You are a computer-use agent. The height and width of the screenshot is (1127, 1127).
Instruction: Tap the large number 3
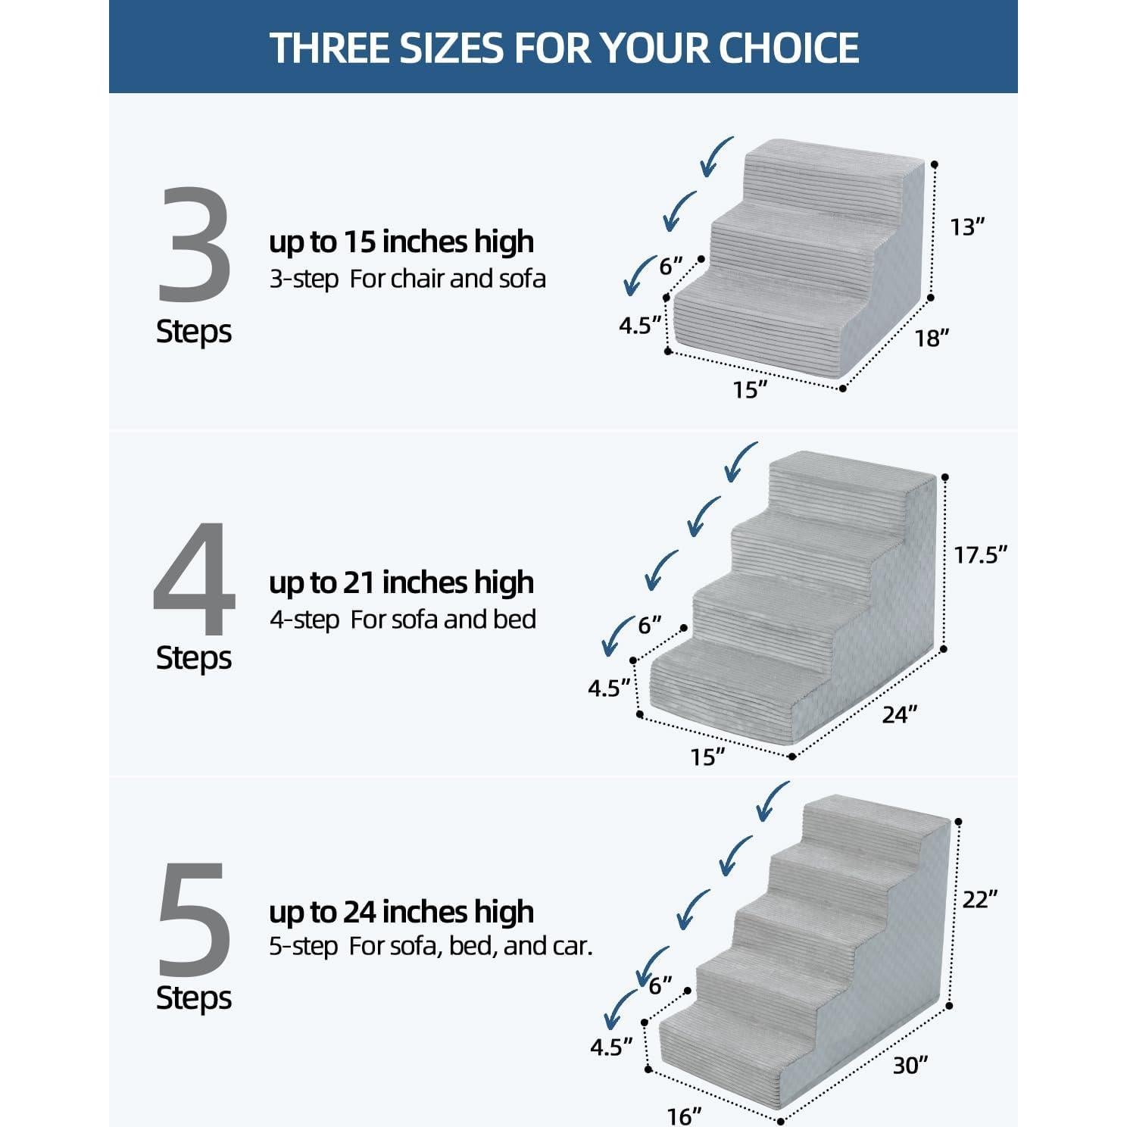(x=194, y=246)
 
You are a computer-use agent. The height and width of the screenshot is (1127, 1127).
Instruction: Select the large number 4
(x=195, y=579)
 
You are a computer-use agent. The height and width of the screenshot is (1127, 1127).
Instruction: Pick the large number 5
(x=194, y=919)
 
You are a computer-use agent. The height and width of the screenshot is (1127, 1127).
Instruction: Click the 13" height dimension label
(x=967, y=227)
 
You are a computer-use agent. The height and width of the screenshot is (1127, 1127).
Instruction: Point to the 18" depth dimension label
(x=931, y=338)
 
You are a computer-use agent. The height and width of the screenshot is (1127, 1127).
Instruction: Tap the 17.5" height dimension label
(x=980, y=555)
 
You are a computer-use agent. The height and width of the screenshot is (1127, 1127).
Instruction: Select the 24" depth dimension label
(x=899, y=714)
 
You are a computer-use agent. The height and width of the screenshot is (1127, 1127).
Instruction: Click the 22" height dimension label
(x=979, y=899)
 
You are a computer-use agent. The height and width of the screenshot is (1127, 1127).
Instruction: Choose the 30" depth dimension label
(x=910, y=1065)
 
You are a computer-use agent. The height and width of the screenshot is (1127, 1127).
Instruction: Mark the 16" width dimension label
(x=684, y=1116)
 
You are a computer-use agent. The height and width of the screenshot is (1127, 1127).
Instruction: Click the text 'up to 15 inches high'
(x=401, y=242)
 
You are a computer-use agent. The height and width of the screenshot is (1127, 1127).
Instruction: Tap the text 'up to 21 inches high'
(x=401, y=582)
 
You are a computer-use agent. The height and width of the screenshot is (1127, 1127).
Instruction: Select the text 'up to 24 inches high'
(x=401, y=912)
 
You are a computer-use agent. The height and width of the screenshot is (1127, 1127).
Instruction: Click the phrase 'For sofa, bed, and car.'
(x=470, y=946)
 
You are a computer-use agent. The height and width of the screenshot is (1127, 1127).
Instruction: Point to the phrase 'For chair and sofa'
(x=448, y=279)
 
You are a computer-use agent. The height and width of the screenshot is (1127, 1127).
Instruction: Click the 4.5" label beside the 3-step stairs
(x=640, y=325)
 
